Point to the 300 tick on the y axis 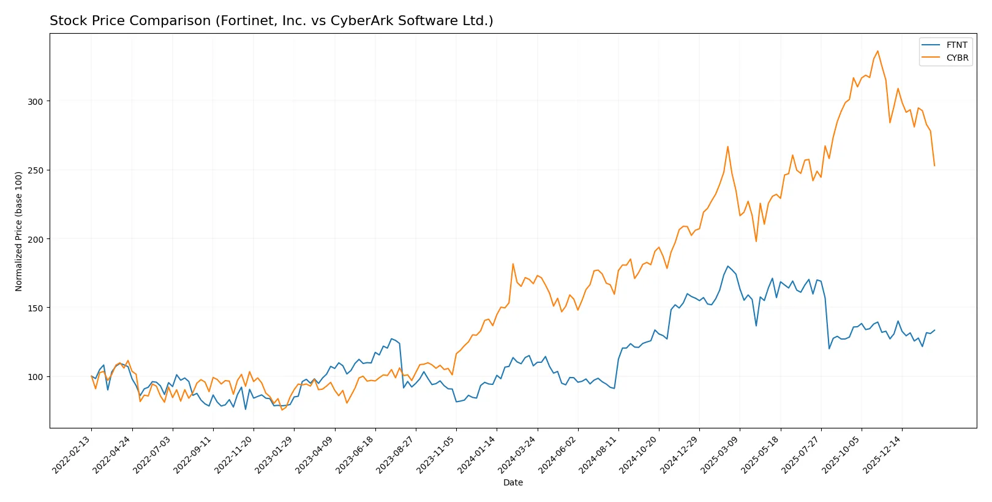click(36, 101)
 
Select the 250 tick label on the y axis click(36, 170)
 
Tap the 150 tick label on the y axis click(36, 308)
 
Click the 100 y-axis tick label click(36, 376)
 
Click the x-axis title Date click(513, 482)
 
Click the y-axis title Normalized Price click(18, 231)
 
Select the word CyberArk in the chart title click(361, 21)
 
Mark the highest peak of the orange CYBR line click(877, 51)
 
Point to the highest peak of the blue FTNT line click(727, 266)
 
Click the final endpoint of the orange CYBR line click(934, 165)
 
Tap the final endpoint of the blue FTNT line click(934, 330)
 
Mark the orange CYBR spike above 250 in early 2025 click(727, 146)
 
